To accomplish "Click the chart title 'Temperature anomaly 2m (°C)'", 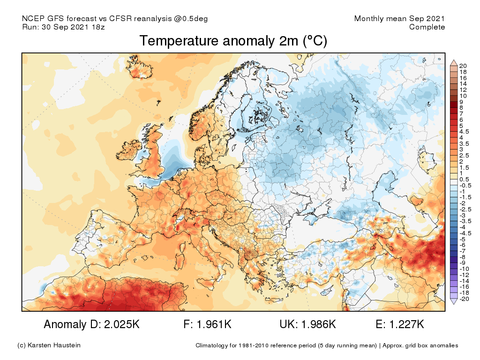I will pyautogui.click(x=233, y=41).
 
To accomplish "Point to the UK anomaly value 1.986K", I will pyautogui.click(x=318, y=324).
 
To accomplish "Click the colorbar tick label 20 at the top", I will pyautogui.click(x=463, y=65).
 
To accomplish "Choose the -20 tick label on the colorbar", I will pyautogui.click(x=464, y=299).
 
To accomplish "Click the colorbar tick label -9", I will pyautogui.click(x=462, y=262).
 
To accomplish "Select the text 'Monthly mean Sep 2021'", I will pyautogui.click(x=399, y=19).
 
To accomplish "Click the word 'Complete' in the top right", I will pyautogui.click(x=427, y=27).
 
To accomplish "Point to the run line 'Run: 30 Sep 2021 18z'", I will pyautogui.click(x=63, y=27).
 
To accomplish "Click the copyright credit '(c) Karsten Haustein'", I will pyautogui.click(x=49, y=345).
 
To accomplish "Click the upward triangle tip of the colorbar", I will pyautogui.click(x=453, y=61).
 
